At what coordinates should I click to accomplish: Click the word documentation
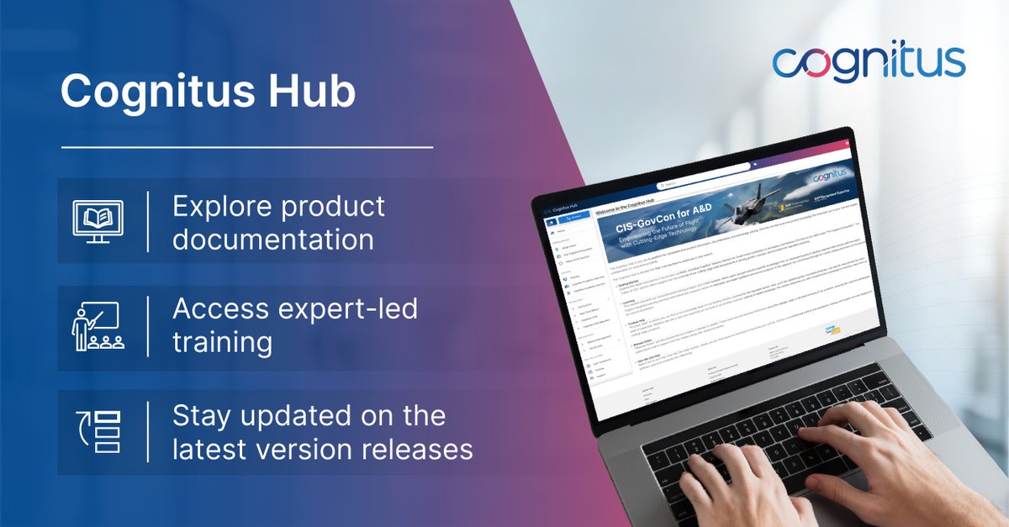[273, 240]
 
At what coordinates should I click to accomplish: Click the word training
[222, 343]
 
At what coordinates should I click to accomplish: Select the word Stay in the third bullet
[203, 415]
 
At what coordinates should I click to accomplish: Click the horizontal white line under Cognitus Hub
[246, 148]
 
